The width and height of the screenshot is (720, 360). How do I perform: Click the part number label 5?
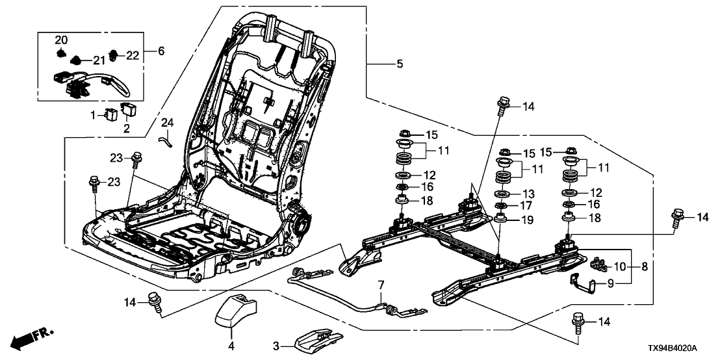tap(400, 64)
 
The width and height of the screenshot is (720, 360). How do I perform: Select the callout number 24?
tap(168, 122)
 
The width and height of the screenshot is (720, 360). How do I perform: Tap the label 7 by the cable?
tap(381, 285)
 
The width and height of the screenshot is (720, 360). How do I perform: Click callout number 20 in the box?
tap(60, 38)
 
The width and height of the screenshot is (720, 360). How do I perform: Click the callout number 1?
tap(92, 115)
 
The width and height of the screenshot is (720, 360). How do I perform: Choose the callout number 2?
tap(127, 129)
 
